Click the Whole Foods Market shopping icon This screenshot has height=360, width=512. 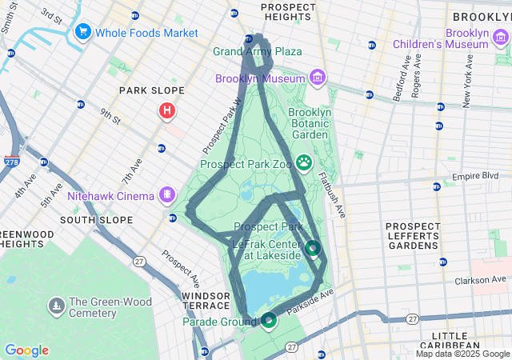pos(82,33)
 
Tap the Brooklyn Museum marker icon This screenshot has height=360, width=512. pos(318,78)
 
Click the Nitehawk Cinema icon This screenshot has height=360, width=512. pos(167,194)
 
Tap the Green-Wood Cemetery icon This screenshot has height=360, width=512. pos(56,305)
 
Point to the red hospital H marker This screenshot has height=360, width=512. pos(166,110)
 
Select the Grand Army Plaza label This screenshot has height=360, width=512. pos(258,52)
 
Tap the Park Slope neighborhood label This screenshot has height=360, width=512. pos(151,90)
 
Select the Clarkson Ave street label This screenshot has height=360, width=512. pos(483,280)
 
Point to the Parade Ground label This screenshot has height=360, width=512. pos(220,322)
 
